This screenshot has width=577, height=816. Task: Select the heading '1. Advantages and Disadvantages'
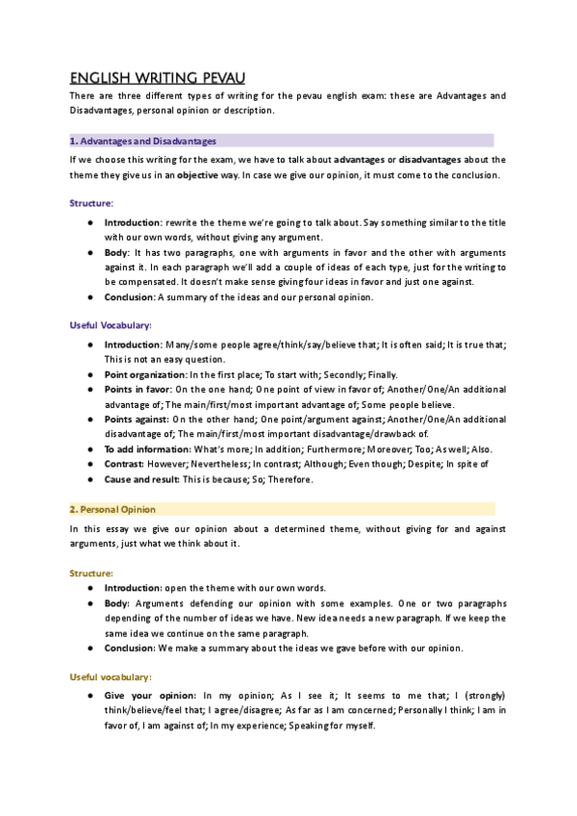pos(143,140)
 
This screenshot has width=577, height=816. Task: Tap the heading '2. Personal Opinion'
pos(113,509)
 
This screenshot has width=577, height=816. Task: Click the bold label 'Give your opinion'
pos(149,695)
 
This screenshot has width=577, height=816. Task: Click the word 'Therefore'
pos(281,479)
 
